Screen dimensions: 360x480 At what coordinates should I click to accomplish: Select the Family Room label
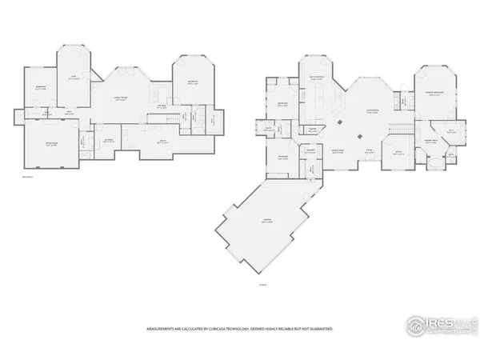pos(121,98)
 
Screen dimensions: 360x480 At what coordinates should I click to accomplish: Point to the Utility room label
pos(162,142)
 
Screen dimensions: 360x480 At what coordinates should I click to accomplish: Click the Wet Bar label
pos(161,104)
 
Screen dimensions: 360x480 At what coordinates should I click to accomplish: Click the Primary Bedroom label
pos(436,93)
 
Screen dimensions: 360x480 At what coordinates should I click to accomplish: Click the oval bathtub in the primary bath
pos(435,163)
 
